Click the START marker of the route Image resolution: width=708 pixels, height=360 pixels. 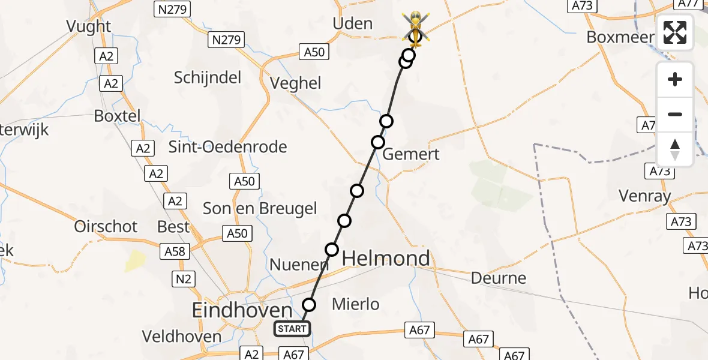(292, 328)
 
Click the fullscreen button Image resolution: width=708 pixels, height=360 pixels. (675, 32)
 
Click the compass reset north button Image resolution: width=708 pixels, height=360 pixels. (675, 149)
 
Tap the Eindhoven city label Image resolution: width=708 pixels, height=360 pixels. (242, 310)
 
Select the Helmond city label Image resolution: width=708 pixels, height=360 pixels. (386, 259)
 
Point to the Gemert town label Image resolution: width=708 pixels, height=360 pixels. (411, 154)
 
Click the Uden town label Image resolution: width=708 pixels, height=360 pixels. (352, 24)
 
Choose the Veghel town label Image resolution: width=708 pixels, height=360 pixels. (296, 83)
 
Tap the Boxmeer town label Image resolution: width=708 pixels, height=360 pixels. (620, 37)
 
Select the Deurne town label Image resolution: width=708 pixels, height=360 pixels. (499, 278)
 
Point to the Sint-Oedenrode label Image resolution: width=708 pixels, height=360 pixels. (228, 146)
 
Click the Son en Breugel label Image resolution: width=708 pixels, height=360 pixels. (260, 208)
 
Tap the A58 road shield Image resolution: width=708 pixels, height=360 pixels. (174, 251)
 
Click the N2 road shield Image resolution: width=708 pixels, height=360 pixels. (184, 278)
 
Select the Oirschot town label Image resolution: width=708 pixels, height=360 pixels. (106, 226)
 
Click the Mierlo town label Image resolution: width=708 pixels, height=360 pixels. (356, 304)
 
